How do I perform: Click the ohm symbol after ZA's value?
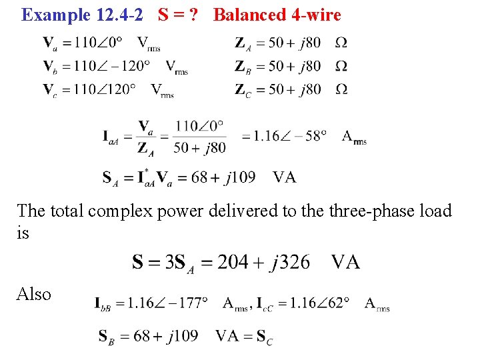click(341, 43)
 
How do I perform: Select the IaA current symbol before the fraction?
click(113, 137)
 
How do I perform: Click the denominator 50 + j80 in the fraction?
click(199, 147)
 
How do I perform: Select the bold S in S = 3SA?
click(137, 261)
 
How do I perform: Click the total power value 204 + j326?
click(255, 261)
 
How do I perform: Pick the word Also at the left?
click(34, 294)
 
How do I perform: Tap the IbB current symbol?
click(107, 304)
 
